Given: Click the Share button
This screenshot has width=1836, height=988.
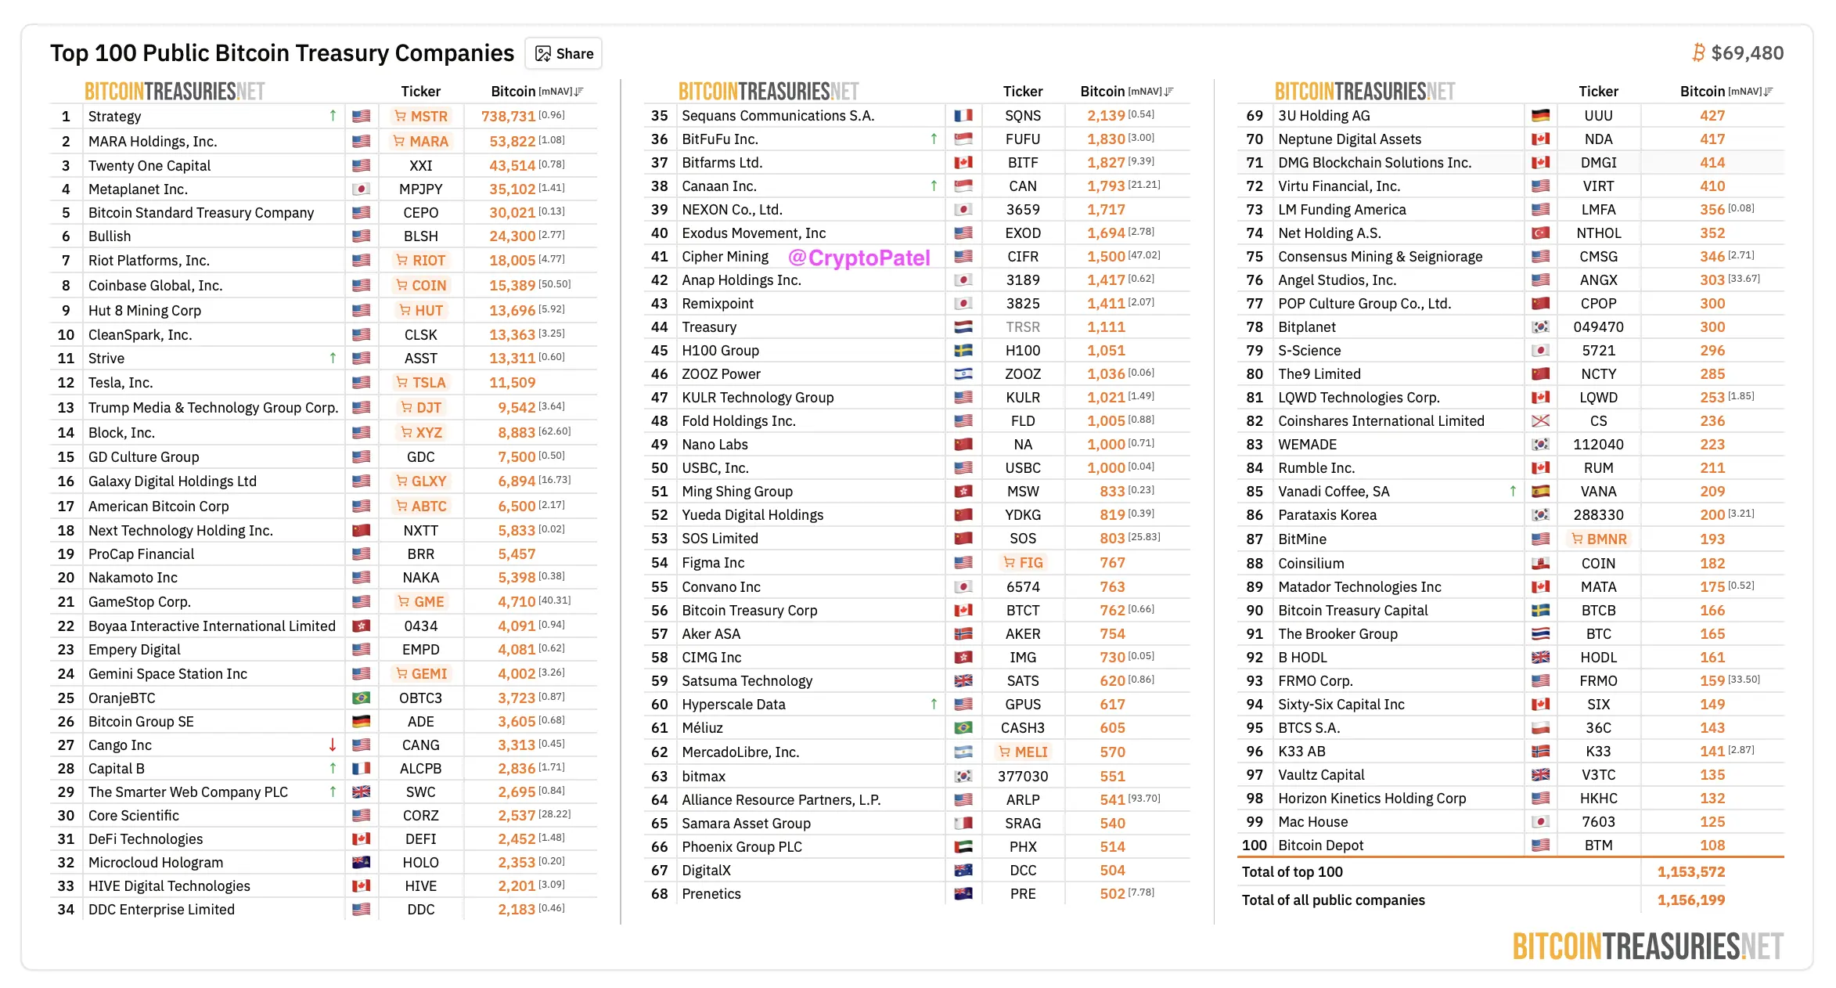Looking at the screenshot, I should pyautogui.click(x=563, y=53).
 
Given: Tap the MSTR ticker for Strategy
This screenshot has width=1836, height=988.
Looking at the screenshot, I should pyautogui.click(x=421, y=116).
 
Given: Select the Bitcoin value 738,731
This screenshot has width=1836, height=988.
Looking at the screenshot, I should pyautogui.click(x=508, y=116).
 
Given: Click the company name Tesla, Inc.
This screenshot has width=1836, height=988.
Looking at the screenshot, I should pyautogui.click(x=121, y=382).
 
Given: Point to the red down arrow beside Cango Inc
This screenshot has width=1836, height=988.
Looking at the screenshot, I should pyautogui.click(x=333, y=745).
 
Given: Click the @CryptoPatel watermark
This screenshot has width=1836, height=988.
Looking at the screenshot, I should pyautogui.click(x=859, y=258).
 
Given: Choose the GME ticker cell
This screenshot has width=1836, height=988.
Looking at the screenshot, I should pyautogui.click(x=421, y=601).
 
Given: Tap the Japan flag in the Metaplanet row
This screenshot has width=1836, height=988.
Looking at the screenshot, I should pyautogui.click(x=361, y=189).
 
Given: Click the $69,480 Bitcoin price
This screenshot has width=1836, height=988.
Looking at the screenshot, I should pyautogui.click(x=1747, y=52).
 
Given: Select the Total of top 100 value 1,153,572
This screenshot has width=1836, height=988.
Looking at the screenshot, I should pyautogui.click(x=1690, y=871).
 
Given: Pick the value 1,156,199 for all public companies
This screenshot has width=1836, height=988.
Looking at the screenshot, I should pyautogui.click(x=1690, y=900).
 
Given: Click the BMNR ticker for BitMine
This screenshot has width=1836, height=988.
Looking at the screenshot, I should pyautogui.click(x=1599, y=539).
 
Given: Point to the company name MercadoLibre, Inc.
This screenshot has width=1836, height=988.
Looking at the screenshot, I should pyautogui.click(x=740, y=752).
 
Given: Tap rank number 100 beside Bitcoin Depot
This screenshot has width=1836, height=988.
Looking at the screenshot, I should pyautogui.click(x=1254, y=845).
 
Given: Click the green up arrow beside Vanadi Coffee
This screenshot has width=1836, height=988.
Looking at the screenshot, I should pyautogui.click(x=1513, y=491).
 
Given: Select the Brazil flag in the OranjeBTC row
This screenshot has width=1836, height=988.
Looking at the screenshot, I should pyautogui.click(x=361, y=698).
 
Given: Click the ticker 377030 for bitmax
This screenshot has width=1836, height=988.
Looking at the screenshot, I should pyautogui.click(x=1022, y=776).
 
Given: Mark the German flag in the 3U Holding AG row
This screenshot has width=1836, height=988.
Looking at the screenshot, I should pyautogui.click(x=1540, y=115).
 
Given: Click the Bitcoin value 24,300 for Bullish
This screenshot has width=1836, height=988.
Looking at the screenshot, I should pyautogui.click(x=512, y=236).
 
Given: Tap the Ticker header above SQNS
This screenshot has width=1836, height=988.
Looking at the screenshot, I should pyautogui.click(x=1022, y=92).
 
